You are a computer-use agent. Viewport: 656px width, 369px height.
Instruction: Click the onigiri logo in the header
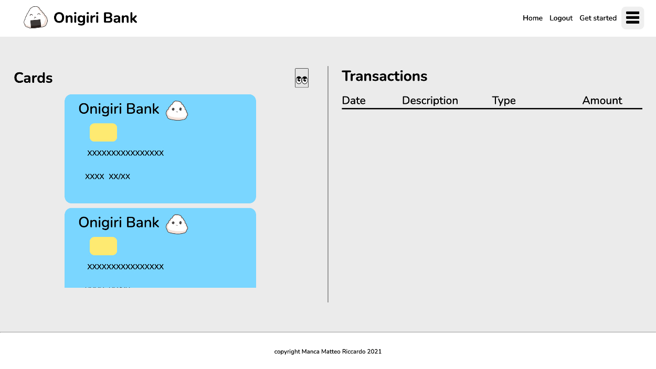pos(36,17)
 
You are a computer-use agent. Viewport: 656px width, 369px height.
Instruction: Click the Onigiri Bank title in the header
pos(95,18)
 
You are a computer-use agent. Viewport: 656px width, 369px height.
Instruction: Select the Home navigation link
pos(533,18)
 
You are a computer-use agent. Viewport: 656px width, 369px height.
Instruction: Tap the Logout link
pos(561,18)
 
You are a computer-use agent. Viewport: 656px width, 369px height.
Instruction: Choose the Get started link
pos(598,18)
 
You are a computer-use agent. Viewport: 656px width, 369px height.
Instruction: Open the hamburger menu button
pos(632,18)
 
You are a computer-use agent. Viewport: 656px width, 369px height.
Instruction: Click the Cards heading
pos(33,78)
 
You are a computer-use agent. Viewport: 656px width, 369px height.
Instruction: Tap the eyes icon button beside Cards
pos(302,78)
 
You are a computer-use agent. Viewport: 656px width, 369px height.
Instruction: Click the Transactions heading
pos(384,76)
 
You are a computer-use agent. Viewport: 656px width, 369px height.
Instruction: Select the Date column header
pos(354,100)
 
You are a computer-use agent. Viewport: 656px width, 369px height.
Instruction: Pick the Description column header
pos(430,100)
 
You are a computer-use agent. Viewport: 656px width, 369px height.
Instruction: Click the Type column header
pos(503,101)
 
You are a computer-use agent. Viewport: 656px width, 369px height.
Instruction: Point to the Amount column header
pos(602,100)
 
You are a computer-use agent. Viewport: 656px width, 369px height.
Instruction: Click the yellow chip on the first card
pos(103,133)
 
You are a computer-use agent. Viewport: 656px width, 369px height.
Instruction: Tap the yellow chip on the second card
pos(103,246)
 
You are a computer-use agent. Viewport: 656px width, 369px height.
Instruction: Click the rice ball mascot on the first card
pos(177,111)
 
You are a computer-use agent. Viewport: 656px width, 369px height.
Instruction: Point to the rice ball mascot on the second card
pos(177,224)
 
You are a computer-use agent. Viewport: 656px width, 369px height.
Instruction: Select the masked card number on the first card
pos(125,153)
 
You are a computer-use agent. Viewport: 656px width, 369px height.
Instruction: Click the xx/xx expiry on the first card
pos(120,176)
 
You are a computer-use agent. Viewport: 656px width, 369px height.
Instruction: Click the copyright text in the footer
pos(327,352)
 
